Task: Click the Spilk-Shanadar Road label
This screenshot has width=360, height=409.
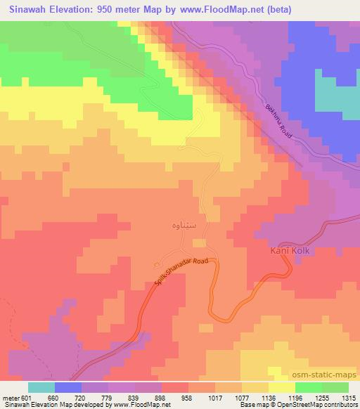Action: pyautogui.click(x=182, y=270)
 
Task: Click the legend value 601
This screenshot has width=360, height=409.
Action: pyautogui.click(x=25, y=396)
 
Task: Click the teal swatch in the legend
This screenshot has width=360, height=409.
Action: pyautogui.click(x=41, y=387)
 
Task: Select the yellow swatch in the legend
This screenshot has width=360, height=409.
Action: pyautogui.click(x=282, y=387)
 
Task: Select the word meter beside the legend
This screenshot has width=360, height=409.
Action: pyautogui.click(x=9, y=396)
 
